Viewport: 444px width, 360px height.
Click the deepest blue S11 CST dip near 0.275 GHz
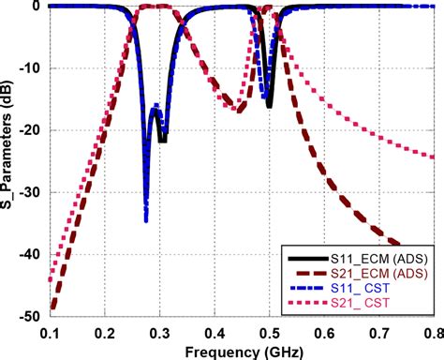coord(146,219)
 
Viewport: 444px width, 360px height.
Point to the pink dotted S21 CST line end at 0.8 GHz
coord(433,157)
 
